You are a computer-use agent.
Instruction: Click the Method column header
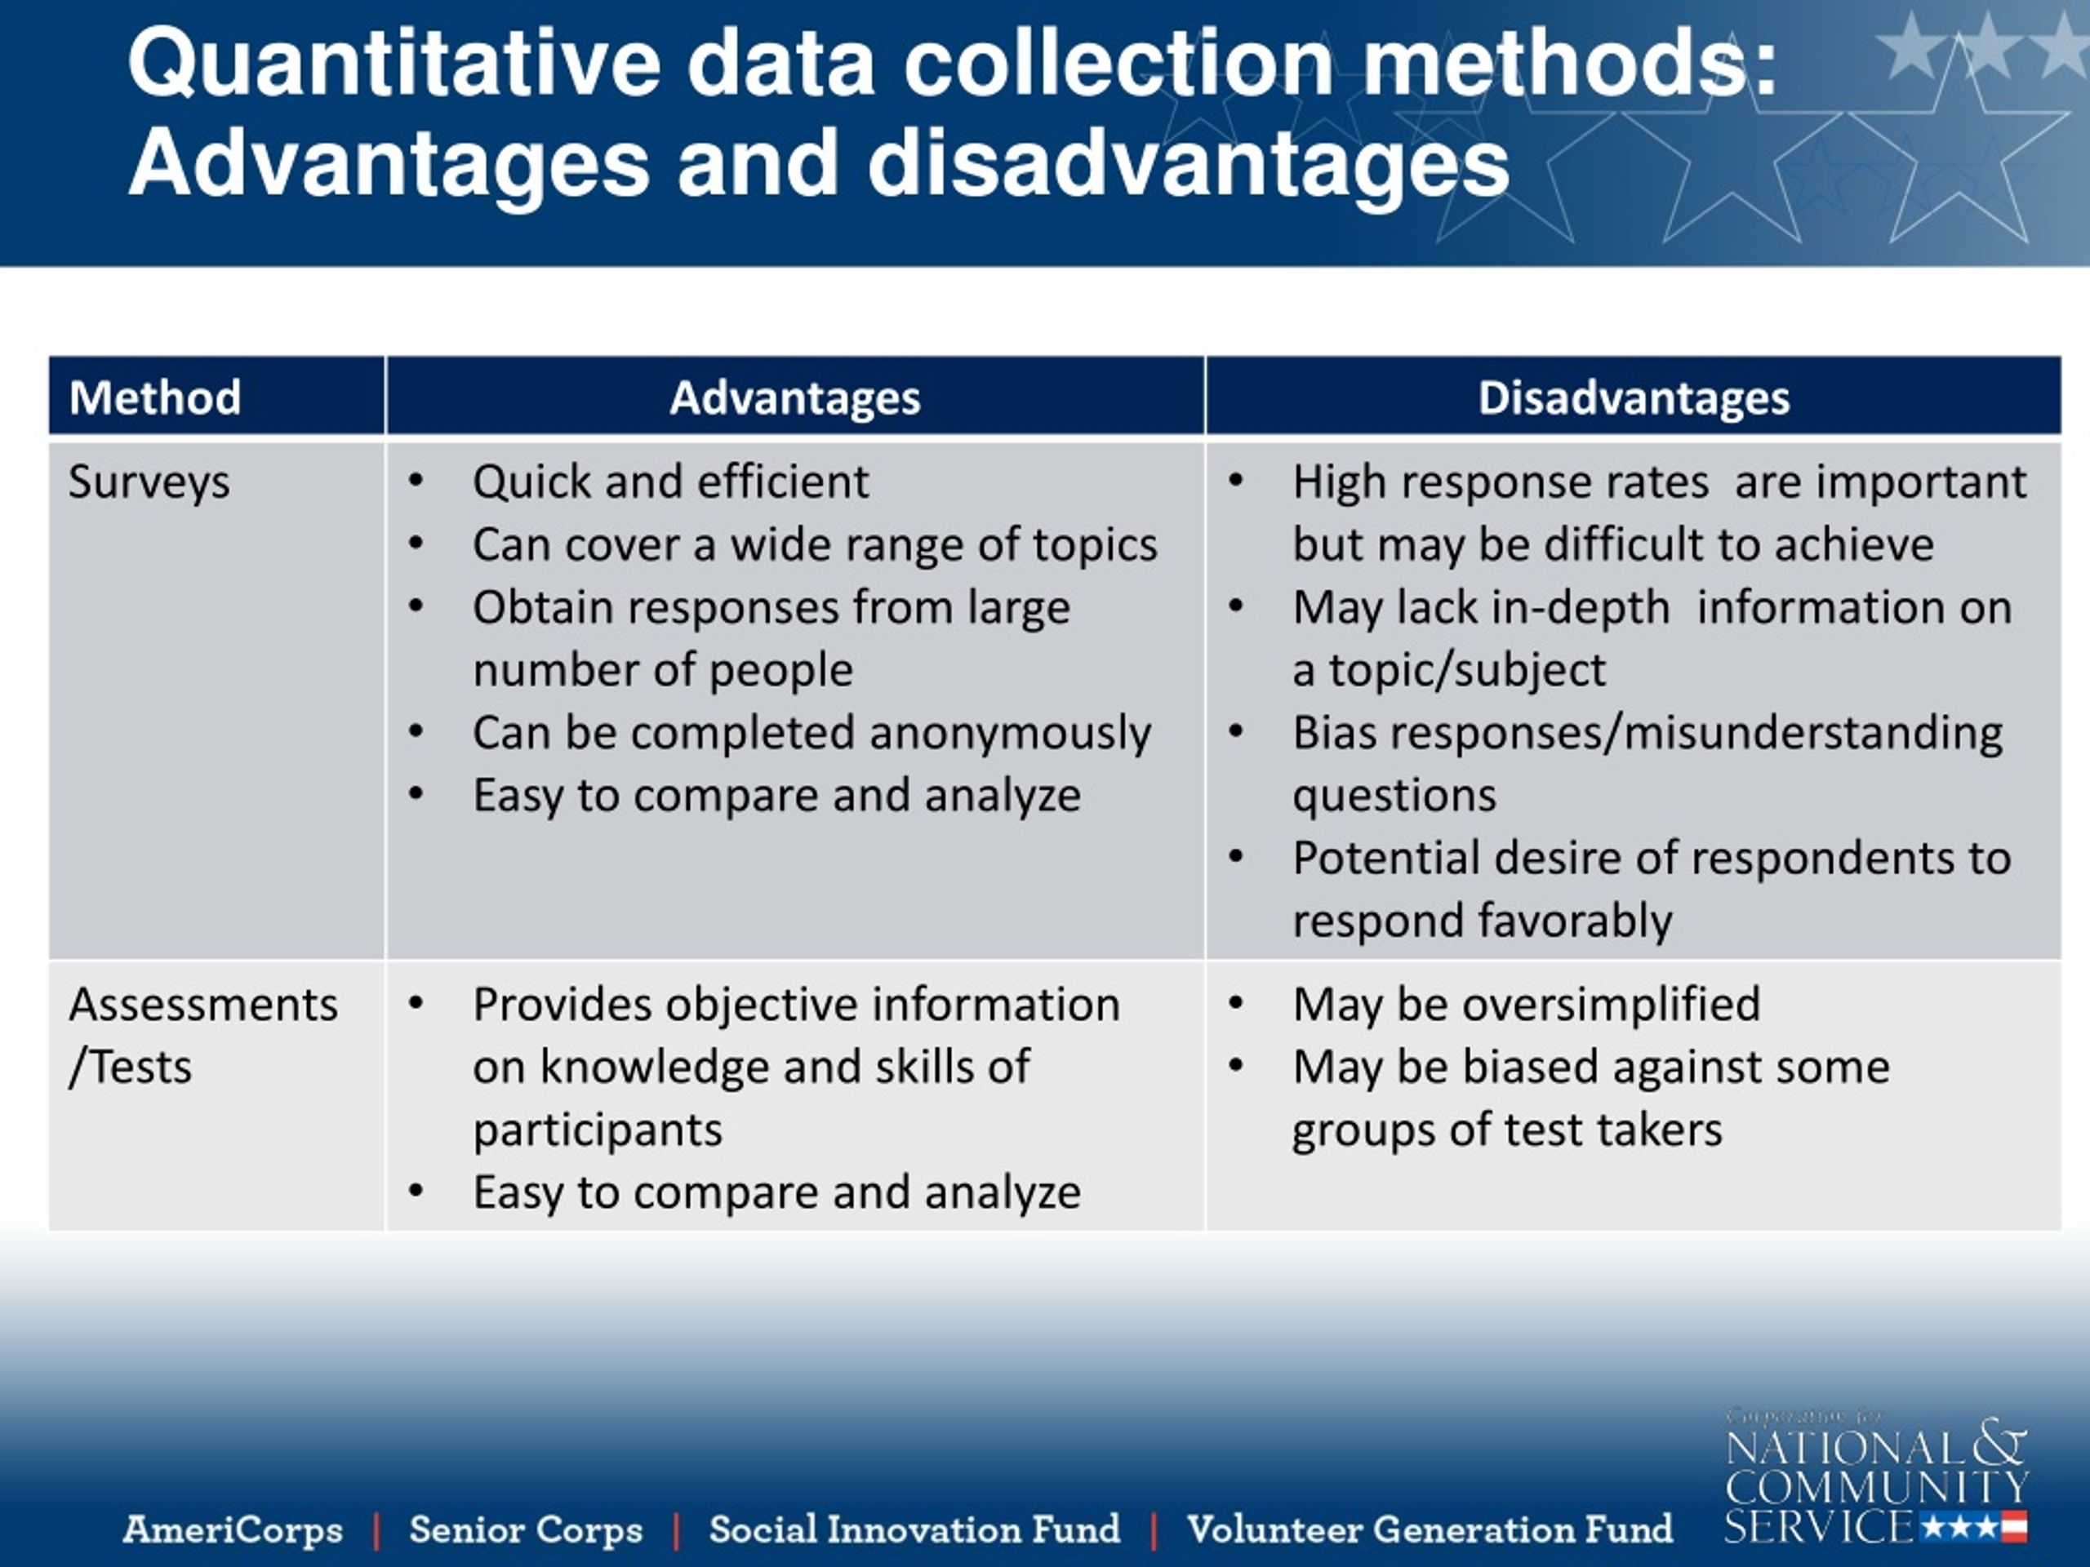click(x=155, y=397)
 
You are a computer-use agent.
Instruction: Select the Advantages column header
click(x=794, y=397)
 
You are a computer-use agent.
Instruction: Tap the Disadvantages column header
click(x=1634, y=397)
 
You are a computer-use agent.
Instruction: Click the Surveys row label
click(x=149, y=482)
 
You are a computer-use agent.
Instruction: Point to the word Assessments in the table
click(x=202, y=1005)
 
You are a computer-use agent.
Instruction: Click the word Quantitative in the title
click(x=394, y=64)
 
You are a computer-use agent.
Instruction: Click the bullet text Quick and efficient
click(x=670, y=482)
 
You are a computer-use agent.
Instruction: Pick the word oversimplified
click(x=1611, y=1005)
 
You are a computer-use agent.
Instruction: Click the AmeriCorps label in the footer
click(x=233, y=1529)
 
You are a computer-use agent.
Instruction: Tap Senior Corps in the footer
click(x=525, y=1529)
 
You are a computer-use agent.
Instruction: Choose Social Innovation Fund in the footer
click(x=914, y=1529)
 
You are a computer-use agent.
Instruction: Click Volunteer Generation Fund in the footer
click(x=1429, y=1529)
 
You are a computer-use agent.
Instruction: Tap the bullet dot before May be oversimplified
click(x=1235, y=1003)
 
